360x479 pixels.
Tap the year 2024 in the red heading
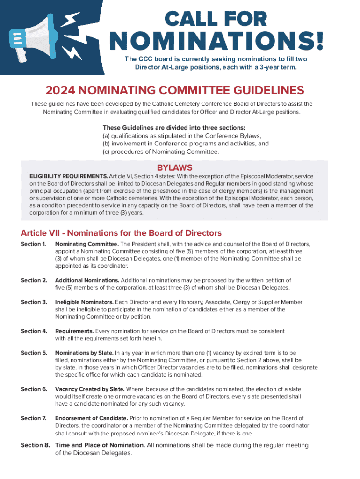(x=60, y=90)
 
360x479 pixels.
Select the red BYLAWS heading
(x=174, y=167)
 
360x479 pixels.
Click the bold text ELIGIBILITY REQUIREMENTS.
(x=69, y=176)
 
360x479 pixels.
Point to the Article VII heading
(x=121, y=233)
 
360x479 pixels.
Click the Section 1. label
(x=33, y=244)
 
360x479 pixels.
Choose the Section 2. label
(x=34, y=280)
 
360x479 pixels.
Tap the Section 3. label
(x=34, y=302)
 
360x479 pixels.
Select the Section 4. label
(x=34, y=331)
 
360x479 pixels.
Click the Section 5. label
(x=34, y=353)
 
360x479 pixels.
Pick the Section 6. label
(x=34, y=389)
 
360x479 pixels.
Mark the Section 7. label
(x=34, y=418)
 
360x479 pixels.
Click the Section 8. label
(x=36, y=445)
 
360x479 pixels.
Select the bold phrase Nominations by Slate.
(x=84, y=353)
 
